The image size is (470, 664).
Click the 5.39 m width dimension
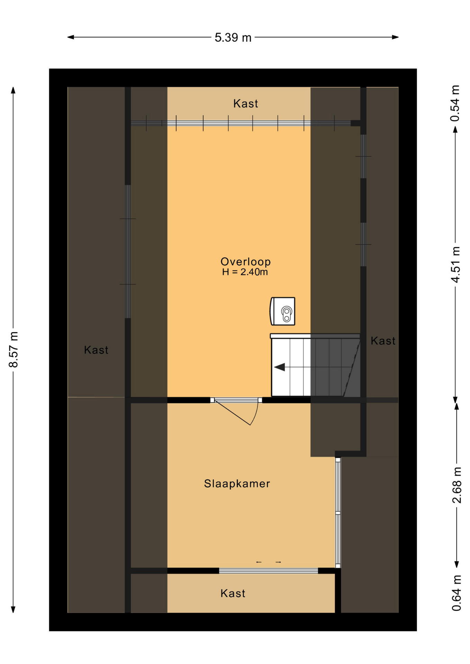coord(233,37)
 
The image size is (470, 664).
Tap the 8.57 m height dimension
coord(13,349)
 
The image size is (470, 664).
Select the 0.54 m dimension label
coord(455,103)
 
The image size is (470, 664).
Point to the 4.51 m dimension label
coord(455,265)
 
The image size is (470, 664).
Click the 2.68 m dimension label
coord(457,485)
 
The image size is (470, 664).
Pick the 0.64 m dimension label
coord(457,593)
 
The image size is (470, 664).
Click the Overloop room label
coord(245,261)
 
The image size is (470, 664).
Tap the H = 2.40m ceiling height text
coord(245,272)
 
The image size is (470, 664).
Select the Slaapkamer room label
coord(237,483)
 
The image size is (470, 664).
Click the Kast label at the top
coord(245,103)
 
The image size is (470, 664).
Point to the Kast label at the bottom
coord(233,593)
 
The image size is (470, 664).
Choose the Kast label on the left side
coord(96,350)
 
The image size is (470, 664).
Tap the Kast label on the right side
coord(383,341)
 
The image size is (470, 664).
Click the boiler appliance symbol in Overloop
coord(282,311)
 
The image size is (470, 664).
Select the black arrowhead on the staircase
coord(280,367)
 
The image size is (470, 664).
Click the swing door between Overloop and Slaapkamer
coord(236,411)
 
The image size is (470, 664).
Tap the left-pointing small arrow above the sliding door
coord(259,562)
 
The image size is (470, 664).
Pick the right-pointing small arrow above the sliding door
coord(278,562)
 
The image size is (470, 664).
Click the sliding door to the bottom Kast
coord(269,571)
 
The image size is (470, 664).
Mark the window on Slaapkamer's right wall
coord(338,513)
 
